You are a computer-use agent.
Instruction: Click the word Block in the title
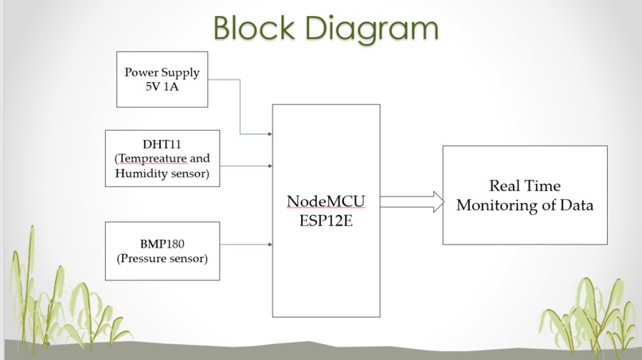tap(254, 28)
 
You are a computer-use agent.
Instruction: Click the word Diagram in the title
tap(372, 29)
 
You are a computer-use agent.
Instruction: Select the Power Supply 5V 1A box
tap(162, 80)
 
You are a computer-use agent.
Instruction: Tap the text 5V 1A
tap(162, 87)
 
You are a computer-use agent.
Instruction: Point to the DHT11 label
tap(162, 144)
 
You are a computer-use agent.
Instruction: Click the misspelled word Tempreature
tap(152, 159)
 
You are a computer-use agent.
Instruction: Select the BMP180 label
tap(162, 244)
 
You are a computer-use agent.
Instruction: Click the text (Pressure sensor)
tap(162, 258)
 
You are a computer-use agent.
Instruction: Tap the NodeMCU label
tap(326, 202)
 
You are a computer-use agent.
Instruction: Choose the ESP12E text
tap(326, 221)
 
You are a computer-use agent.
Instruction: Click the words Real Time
tap(525, 186)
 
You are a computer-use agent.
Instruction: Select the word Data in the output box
tap(577, 205)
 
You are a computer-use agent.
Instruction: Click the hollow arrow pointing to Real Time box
tap(412, 202)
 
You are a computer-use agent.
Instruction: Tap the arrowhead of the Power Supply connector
tap(270, 134)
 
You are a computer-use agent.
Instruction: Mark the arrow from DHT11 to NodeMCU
tap(246, 166)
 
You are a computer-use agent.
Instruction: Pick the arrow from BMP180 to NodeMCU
tap(246, 245)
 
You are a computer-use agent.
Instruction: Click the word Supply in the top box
tap(180, 73)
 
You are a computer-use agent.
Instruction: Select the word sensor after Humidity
tap(190, 174)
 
